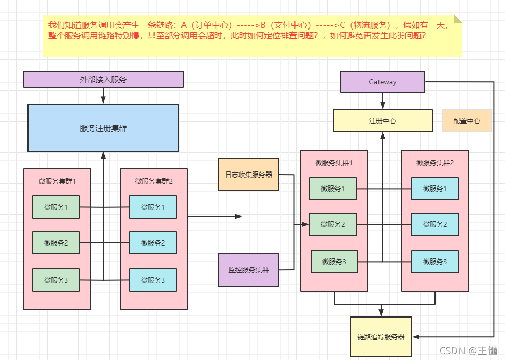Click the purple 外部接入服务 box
pyautogui.click(x=103, y=79)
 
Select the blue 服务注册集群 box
pyautogui.click(x=103, y=128)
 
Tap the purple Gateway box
pyautogui.click(x=382, y=82)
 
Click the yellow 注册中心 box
pyautogui.click(x=382, y=121)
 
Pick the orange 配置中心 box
pyautogui.click(x=466, y=121)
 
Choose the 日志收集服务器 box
pyautogui.click(x=248, y=175)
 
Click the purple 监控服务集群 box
pyautogui.click(x=248, y=270)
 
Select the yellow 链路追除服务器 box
pyautogui.click(x=381, y=337)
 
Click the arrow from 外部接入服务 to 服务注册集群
pyautogui.click(x=103, y=95)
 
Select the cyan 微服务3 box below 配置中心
pyautogui.click(x=434, y=262)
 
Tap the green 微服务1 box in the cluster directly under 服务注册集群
pyautogui.click(x=56, y=207)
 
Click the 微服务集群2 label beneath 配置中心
pyautogui.click(x=434, y=163)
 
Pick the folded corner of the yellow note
pyautogui.click(x=458, y=19)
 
